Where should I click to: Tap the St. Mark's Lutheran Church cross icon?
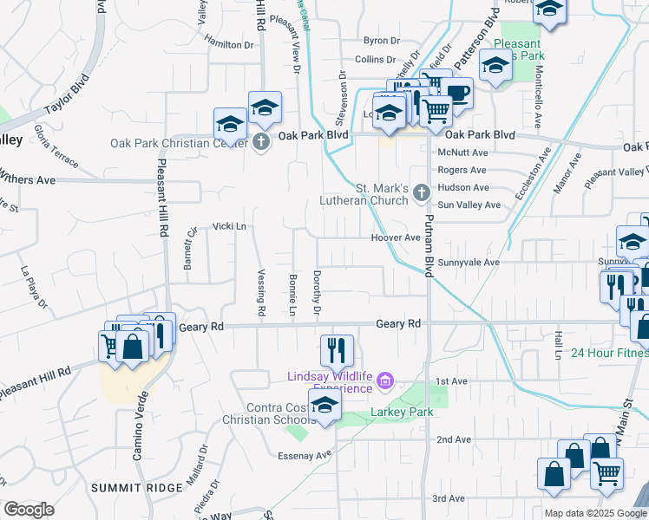point(421,192)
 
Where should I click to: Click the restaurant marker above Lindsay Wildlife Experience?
point(337,351)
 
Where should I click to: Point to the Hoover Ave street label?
point(395,237)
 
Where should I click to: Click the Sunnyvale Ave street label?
point(469,262)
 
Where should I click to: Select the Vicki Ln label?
point(230,226)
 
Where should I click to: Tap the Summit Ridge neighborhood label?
point(137,488)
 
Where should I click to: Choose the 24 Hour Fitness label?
point(609,354)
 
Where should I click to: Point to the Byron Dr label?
point(381,41)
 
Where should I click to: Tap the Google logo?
point(29,510)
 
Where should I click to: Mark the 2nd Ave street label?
point(453,439)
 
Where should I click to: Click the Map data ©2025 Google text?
point(587,513)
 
